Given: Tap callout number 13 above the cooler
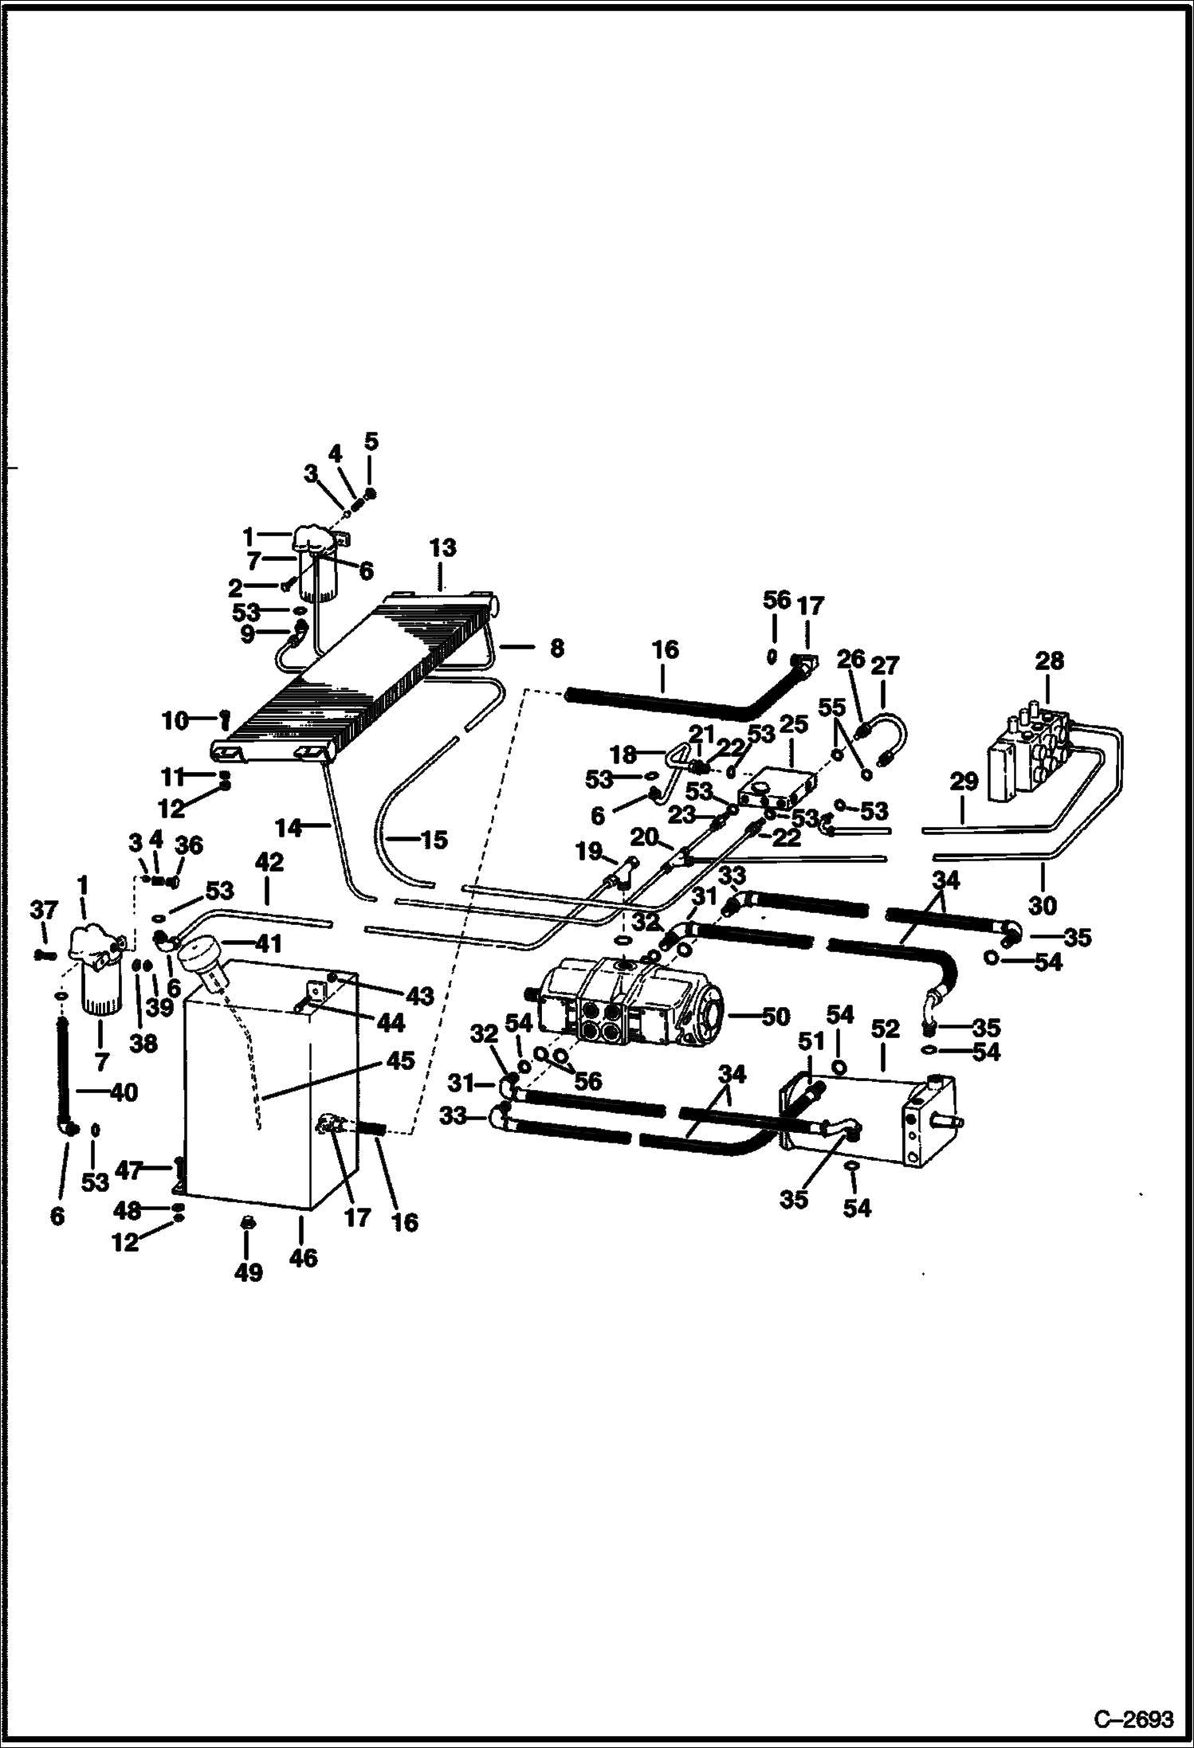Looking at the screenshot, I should [x=443, y=548].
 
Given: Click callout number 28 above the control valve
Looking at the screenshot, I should [x=1049, y=661].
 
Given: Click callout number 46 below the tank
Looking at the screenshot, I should [x=303, y=1258].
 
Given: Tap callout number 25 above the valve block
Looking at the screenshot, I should [x=794, y=725].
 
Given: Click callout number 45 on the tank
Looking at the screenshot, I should [x=401, y=1061].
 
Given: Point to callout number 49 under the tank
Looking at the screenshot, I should [x=249, y=1272].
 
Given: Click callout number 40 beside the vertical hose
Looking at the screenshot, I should [x=124, y=1092].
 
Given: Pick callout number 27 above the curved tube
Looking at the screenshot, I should [x=886, y=665].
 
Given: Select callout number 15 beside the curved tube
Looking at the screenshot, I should [x=434, y=839].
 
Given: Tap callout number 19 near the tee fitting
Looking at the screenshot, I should [x=589, y=852].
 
